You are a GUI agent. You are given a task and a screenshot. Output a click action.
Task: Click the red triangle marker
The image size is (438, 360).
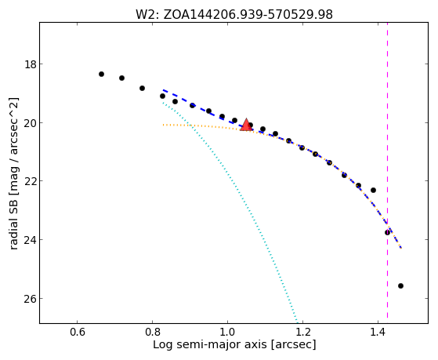coord(246,125)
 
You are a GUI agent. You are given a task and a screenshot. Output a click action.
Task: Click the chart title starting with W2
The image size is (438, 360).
coord(234,15)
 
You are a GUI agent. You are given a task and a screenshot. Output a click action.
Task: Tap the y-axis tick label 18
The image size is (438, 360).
coord(31,64)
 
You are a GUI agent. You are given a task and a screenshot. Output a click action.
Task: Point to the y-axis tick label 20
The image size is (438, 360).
coord(31,123)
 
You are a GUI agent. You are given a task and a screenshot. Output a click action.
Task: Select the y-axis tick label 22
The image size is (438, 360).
coord(31,181)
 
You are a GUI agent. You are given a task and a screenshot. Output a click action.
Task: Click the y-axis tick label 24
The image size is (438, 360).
coord(31,240)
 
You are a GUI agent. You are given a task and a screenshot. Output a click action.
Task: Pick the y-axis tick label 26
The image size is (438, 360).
coord(31,299)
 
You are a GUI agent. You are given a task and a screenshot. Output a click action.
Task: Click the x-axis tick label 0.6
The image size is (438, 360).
coord(77,333)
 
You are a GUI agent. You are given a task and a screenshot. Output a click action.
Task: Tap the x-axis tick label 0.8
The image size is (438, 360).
coord(152,333)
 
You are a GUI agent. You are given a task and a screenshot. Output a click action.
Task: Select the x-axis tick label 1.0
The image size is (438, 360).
coord(228,333)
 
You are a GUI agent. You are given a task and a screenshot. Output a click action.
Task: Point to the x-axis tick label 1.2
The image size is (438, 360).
coord(302,333)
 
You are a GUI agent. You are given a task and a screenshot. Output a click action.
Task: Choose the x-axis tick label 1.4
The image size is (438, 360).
coord(378,333)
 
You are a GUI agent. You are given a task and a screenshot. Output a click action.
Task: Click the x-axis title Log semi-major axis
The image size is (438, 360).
coord(234,344)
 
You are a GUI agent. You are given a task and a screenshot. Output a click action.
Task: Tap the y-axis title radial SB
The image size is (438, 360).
coord(13,173)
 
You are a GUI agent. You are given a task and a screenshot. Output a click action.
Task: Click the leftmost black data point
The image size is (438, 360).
coord(101,75)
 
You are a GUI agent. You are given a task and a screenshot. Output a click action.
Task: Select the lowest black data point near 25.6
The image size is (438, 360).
coord(400,285)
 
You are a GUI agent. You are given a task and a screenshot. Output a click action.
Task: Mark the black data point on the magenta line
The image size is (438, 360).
coord(387,232)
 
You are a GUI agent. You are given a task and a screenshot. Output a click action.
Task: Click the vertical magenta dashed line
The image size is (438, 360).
coord(387,170)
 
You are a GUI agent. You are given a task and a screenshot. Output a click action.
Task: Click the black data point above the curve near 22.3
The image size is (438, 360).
coord(373,191)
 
